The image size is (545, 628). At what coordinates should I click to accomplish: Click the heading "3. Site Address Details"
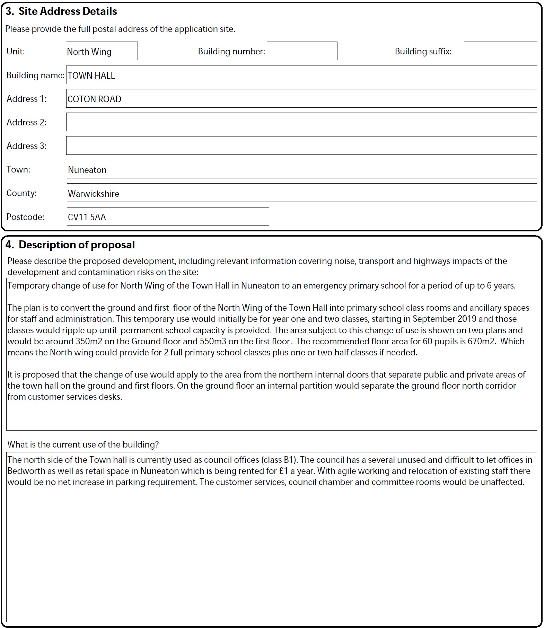[x=61, y=11]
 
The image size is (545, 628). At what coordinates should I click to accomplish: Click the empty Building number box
[x=302, y=51]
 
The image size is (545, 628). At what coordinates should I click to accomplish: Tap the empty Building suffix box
[x=500, y=51]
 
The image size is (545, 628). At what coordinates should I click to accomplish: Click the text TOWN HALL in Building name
[x=91, y=76]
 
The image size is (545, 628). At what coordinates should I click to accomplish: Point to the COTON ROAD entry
[x=95, y=99]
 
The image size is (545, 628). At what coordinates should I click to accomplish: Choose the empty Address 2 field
[x=301, y=122]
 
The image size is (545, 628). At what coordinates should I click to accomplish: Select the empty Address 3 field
[x=301, y=146]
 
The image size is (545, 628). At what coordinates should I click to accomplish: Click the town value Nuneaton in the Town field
[x=87, y=170]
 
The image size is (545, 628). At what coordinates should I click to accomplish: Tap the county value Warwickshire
[x=94, y=194]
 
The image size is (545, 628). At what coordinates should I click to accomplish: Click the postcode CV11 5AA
[x=87, y=217]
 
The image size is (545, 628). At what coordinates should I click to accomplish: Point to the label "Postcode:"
[x=25, y=217]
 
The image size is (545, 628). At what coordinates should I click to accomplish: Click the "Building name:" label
[x=35, y=75]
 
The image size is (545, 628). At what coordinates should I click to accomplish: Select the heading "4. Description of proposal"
[x=70, y=245]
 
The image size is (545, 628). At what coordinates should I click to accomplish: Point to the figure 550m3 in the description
[x=213, y=341]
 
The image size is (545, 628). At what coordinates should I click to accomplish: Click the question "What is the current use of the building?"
[x=83, y=444]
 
